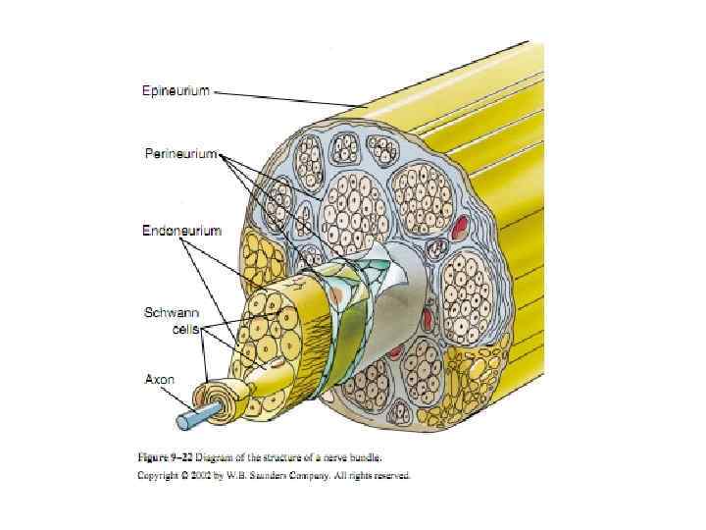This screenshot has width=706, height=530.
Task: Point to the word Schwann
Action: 172,312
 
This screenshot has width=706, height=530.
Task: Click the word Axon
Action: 160,378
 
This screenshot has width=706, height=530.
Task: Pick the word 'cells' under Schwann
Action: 184,330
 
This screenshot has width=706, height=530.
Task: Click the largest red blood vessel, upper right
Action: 460,232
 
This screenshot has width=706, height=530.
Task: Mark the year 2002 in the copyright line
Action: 210,475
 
